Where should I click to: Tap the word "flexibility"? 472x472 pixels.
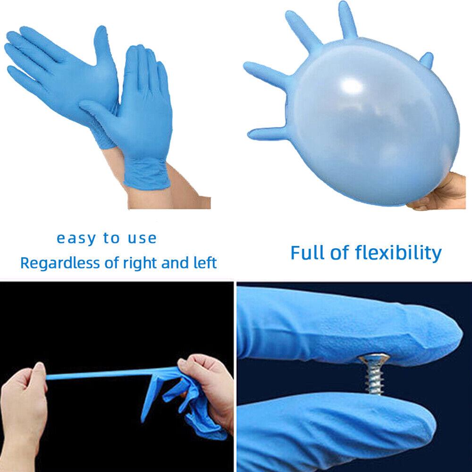tap(400, 253)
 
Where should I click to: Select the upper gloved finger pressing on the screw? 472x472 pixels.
tap(349, 326)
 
